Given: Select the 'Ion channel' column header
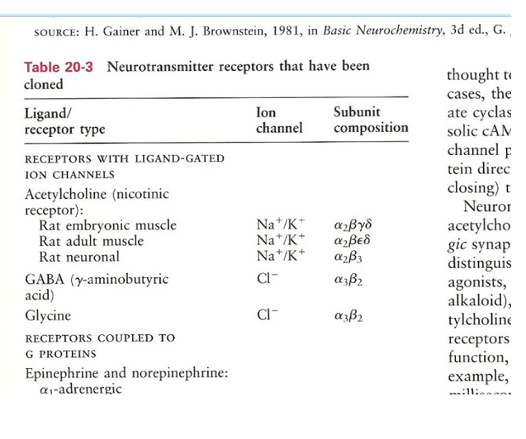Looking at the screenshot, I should coord(280,120).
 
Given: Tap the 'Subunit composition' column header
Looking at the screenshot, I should coord(371,120).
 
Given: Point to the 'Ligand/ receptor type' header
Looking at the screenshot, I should coord(64,121).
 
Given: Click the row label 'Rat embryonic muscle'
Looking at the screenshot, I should coord(102,225).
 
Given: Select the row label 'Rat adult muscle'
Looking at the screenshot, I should coord(91,241).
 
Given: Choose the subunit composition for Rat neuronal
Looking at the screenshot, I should coord(353,257).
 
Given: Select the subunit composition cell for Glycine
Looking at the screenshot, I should coord(349,316).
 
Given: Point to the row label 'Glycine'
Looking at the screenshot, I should coord(48,316).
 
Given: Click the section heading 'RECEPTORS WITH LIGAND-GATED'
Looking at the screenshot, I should coord(125,158).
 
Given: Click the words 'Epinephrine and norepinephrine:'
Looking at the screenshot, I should coord(126,372).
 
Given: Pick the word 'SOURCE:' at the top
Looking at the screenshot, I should coord(55,33).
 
